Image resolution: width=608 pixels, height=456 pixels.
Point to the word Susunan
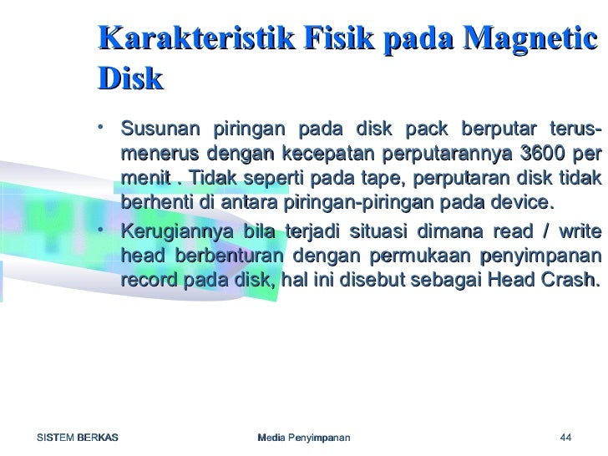(x=157, y=131)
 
